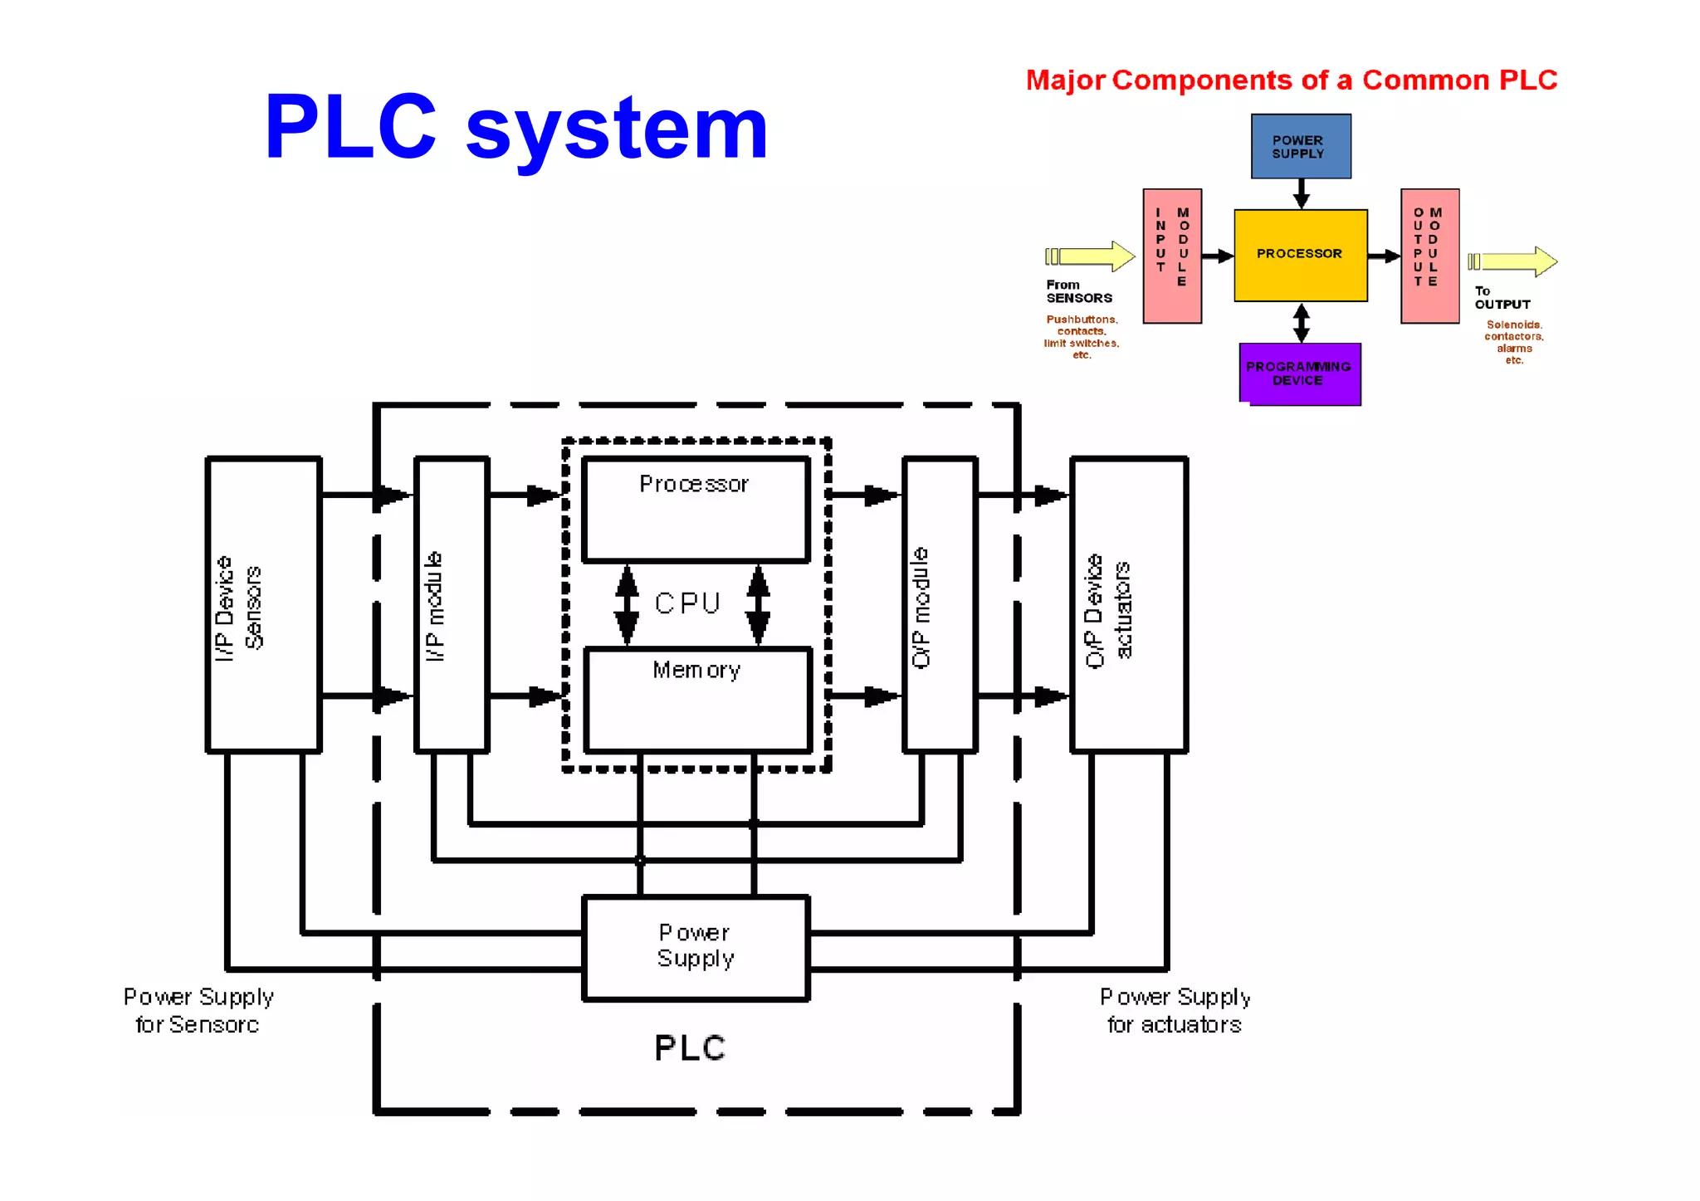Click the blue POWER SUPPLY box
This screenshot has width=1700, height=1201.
pyautogui.click(x=1300, y=147)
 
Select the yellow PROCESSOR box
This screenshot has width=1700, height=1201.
pyautogui.click(x=1300, y=254)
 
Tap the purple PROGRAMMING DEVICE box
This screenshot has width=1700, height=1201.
pyautogui.click(x=1299, y=373)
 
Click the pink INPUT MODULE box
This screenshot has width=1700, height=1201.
pyautogui.click(x=1172, y=256)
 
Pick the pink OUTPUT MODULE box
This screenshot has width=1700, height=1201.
pyautogui.click(x=1429, y=256)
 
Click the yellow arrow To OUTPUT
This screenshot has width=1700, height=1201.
pyautogui.click(x=1513, y=261)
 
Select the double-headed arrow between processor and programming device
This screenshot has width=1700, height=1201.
pyautogui.click(x=1301, y=323)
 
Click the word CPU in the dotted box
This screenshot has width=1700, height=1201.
pyautogui.click(x=687, y=603)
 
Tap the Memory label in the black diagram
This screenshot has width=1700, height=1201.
pyautogui.click(x=696, y=670)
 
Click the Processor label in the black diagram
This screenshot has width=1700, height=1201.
pyautogui.click(x=694, y=484)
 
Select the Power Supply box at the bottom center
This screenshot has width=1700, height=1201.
pyautogui.click(x=696, y=947)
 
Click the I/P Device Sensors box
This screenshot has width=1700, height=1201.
pyautogui.click(x=263, y=604)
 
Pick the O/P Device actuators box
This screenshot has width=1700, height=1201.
pyautogui.click(x=1129, y=604)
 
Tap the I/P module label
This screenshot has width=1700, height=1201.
pyautogui.click(x=435, y=607)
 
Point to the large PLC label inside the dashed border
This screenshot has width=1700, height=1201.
pyautogui.click(x=690, y=1048)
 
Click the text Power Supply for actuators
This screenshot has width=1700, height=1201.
pyautogui.click(x=1175, y=1011)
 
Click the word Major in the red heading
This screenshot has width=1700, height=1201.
pyautogui.click(x=1066, y=81)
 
